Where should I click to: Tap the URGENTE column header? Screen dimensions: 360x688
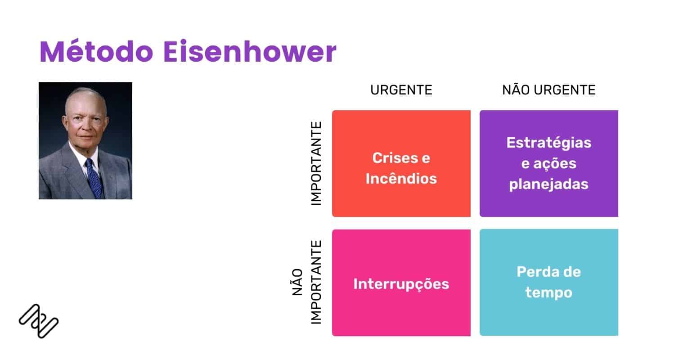click(x=401, y=90)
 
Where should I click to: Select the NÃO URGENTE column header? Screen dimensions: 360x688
click(x=549, y=90)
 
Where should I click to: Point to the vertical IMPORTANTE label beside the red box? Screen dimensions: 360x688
click(x=316, y=163)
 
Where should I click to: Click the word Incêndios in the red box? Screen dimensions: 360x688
click(x=401, y=179)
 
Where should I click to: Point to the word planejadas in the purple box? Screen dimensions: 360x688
click(x=549, y=184)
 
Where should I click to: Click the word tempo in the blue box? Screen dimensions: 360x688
click(x=549, y=292)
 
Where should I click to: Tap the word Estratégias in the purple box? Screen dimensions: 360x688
click(x=549, y=143)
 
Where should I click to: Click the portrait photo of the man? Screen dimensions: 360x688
click(x=85, y=140)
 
